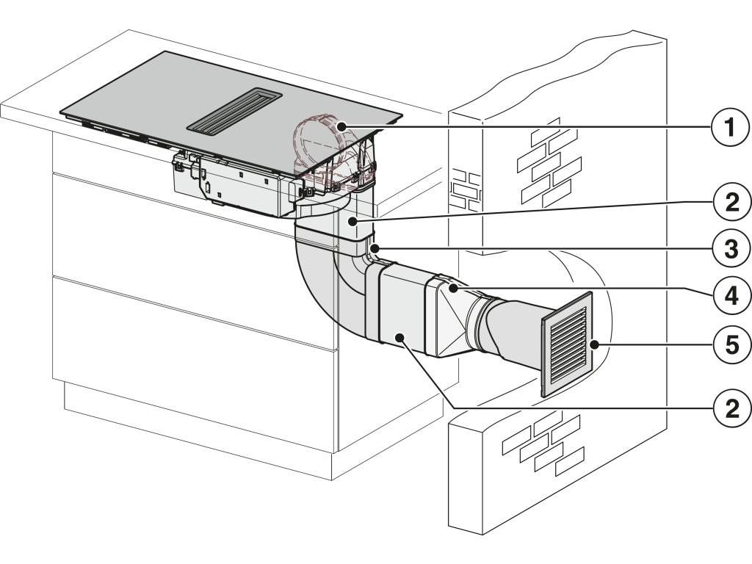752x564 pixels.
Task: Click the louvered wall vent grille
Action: click(567, 344)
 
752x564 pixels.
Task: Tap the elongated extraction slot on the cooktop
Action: click(234, 110)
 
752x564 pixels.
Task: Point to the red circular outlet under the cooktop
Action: click(323, 143)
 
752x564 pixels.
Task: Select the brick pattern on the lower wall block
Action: click(536, 444)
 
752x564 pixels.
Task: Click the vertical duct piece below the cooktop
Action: click(352, 224)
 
